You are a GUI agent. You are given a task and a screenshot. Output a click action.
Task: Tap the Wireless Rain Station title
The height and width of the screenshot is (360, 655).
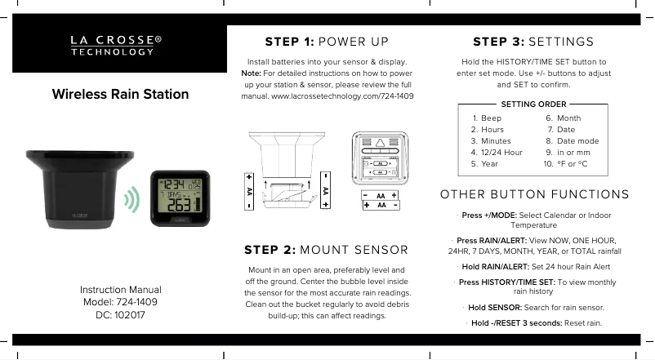coord(120,94)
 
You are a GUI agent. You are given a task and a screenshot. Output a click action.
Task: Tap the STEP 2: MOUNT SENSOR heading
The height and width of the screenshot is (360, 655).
coord(327,250)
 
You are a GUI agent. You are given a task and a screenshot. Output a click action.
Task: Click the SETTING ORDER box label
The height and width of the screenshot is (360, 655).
coord(533,104)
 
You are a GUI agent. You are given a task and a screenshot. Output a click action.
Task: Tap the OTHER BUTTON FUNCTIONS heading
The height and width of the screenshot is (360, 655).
coord(534,194)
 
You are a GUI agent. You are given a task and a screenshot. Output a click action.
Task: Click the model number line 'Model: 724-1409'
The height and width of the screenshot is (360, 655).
coord(120,302)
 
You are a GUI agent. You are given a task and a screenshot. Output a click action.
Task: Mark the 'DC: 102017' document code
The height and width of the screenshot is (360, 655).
coord(120,315)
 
